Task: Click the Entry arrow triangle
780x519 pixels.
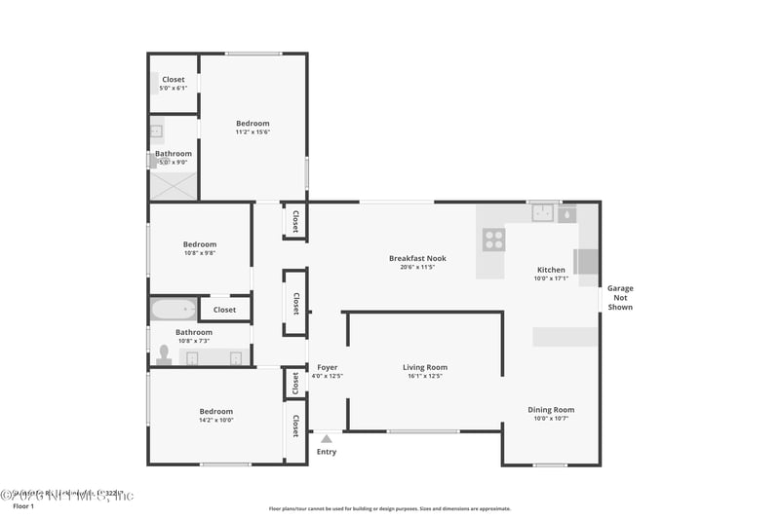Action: click(326, 439)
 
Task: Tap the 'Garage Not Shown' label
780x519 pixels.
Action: click(620, 297)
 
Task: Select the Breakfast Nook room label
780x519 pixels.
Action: click(417, 258)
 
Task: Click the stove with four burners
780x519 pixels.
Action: click(494, 239)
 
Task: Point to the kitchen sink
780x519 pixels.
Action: click(542, 212)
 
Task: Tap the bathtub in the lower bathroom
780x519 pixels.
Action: click(173, 310)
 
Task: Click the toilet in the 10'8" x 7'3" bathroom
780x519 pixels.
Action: click(164, 355)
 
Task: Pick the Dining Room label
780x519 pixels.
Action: click(551, 410)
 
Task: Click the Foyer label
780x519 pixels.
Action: click(327, 367)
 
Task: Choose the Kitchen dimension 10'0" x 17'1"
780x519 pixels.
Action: click(551, 278)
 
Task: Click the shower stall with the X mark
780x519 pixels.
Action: click(173, 185)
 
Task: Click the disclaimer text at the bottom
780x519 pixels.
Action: click(389, 508)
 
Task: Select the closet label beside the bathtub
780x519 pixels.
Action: click(224, 310)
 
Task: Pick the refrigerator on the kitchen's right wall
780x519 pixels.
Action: click(587, 261)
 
